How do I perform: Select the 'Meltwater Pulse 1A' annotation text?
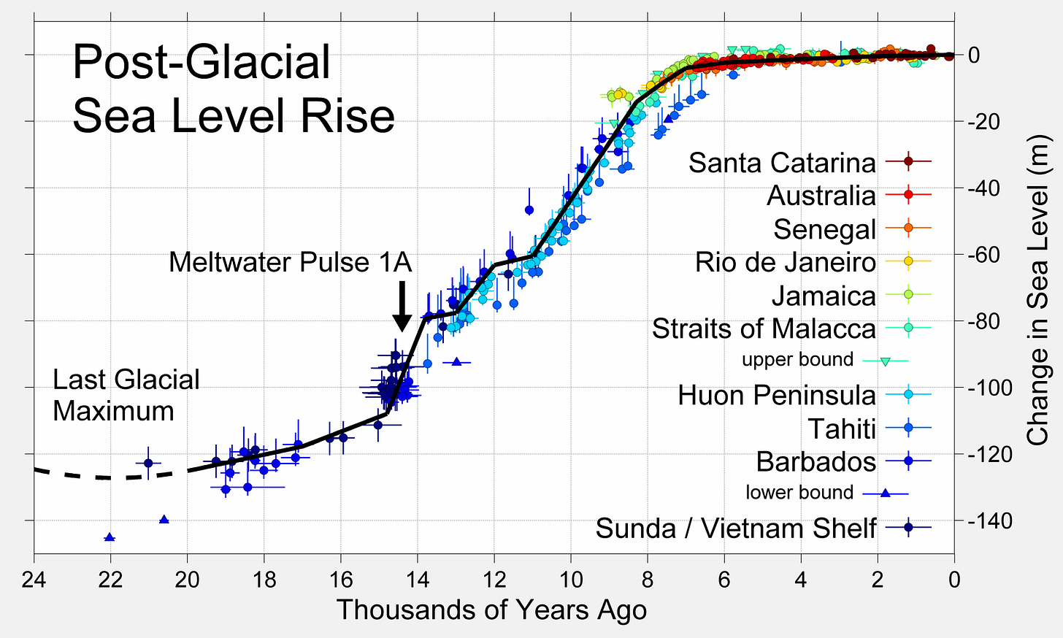(290, 262)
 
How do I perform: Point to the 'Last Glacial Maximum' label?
(126, 395)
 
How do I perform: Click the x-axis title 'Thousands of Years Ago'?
(491, 610)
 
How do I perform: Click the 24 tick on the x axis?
(34, 580)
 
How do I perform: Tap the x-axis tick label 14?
(417, 580)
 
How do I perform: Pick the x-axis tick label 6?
(724, 580)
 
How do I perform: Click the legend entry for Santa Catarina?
(782, 162)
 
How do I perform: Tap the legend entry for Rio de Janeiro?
(785, 261)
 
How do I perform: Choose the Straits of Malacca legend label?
(763, 328)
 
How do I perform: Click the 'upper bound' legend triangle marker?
(885, 361)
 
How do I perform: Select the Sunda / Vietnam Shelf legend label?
(735, 528)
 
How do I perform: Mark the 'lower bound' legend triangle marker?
(885, 493)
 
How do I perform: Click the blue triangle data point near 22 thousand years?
(110, 537)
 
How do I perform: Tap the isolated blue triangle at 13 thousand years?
(456, 361)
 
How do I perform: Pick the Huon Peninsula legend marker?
(908, 395)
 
